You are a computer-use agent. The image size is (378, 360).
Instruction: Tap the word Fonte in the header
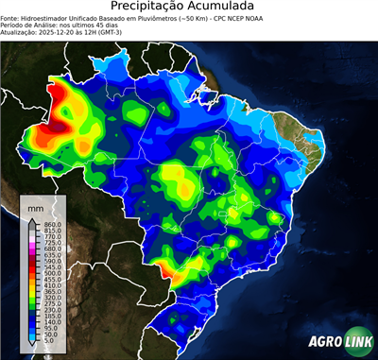tap(10, 17)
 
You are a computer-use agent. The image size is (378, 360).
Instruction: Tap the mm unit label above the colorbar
tap(35, 205)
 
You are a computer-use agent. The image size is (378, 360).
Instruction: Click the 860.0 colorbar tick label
tap(52, 223)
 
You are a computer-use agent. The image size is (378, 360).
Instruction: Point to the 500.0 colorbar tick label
tap(52, 274)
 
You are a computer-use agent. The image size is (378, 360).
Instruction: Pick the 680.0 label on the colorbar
tap(52, 249)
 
